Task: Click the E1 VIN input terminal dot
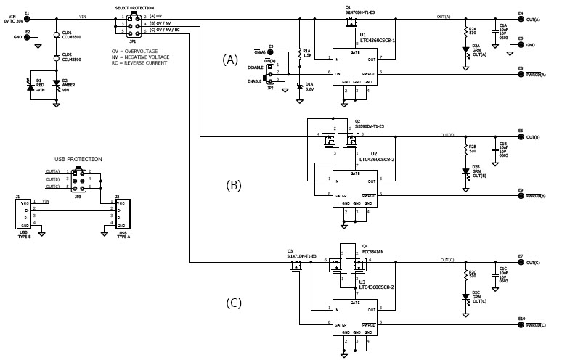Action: (x=27, y=17)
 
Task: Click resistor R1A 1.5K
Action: (x=299, y=52)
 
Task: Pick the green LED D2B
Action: (x=465, y=171)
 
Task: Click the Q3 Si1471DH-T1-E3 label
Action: (x=301, y=255)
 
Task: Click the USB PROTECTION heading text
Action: (x=78, y=159)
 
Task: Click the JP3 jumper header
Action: (x=77, y=179)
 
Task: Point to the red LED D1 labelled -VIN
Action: (x=30, y=84)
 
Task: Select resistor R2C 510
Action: (x=465, y=275)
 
